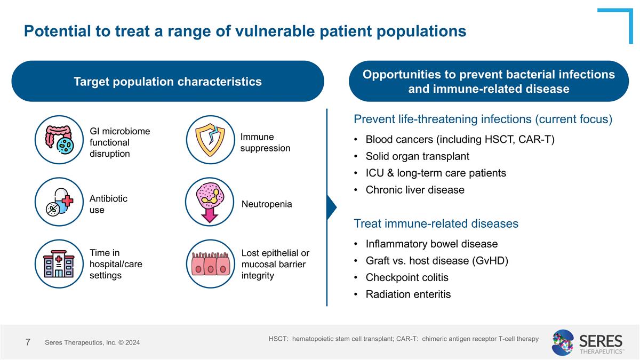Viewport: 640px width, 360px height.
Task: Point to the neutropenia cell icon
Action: (x=210, y=202)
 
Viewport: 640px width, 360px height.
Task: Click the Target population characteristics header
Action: (x=167, y=82)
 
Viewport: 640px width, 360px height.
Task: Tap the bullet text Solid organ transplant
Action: (x=417, y=156)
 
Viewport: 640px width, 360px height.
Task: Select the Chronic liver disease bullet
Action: (x=414, y=190)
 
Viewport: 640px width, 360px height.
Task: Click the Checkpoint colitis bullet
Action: (x=406, y=277)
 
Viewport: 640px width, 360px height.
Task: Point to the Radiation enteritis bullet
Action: (x=408, y=294)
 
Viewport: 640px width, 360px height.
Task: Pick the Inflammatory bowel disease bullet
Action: (x=431, y=244)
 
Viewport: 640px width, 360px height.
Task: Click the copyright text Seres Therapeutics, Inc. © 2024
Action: (x=92, y=342)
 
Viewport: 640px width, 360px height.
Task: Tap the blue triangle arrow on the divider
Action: (x=331, y=206)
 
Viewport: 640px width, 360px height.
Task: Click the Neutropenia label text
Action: (x=267, y=204)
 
